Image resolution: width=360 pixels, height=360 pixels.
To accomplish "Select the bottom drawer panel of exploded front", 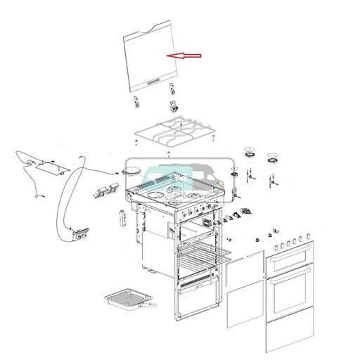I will (x=291, y=335).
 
